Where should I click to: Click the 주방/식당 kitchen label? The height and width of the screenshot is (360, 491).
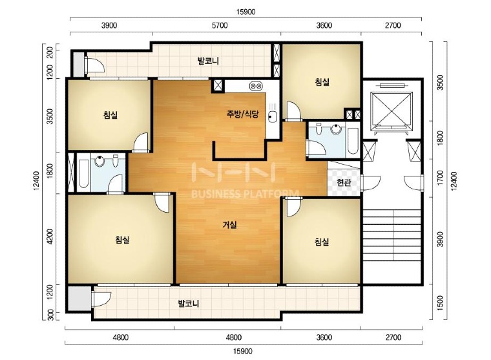coord(243,114)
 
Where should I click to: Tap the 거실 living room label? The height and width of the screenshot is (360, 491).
coord(230,225)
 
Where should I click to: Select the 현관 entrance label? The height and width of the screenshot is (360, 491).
coord(344,182)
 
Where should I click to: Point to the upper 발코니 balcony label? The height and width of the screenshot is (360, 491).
coord(208,61)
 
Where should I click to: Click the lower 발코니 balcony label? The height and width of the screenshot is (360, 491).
coord(189,303)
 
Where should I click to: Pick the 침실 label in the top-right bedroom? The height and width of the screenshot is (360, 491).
coord(322,82)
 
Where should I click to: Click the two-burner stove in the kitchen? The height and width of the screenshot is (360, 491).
coord(256,85)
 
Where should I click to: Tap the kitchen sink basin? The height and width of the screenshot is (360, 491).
coord(272,117)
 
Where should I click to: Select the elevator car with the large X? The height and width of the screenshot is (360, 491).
coord(391,111)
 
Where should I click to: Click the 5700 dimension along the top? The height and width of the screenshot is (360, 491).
coord(220,25)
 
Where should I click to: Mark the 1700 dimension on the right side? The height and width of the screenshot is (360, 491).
coord(440,178)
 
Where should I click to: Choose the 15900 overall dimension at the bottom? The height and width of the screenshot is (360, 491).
coord(243,351)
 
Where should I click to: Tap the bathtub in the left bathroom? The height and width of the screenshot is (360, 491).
coord(83,174)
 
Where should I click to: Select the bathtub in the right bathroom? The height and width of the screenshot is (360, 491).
coord(353,141)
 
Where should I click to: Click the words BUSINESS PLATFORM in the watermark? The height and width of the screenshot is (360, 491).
coord(245,195)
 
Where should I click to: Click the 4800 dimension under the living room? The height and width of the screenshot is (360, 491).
coord(234,337)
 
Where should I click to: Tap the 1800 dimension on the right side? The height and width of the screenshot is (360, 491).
coord(440,138)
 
